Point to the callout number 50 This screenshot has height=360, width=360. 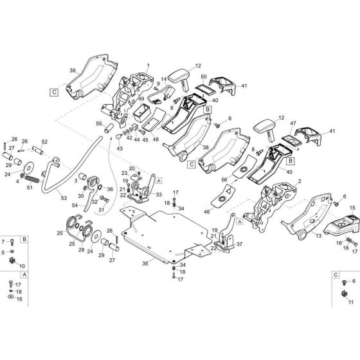point(204,76)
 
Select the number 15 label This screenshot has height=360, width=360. point(352,208)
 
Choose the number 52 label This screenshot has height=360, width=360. point(44,141)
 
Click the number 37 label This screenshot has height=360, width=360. point(239,245)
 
